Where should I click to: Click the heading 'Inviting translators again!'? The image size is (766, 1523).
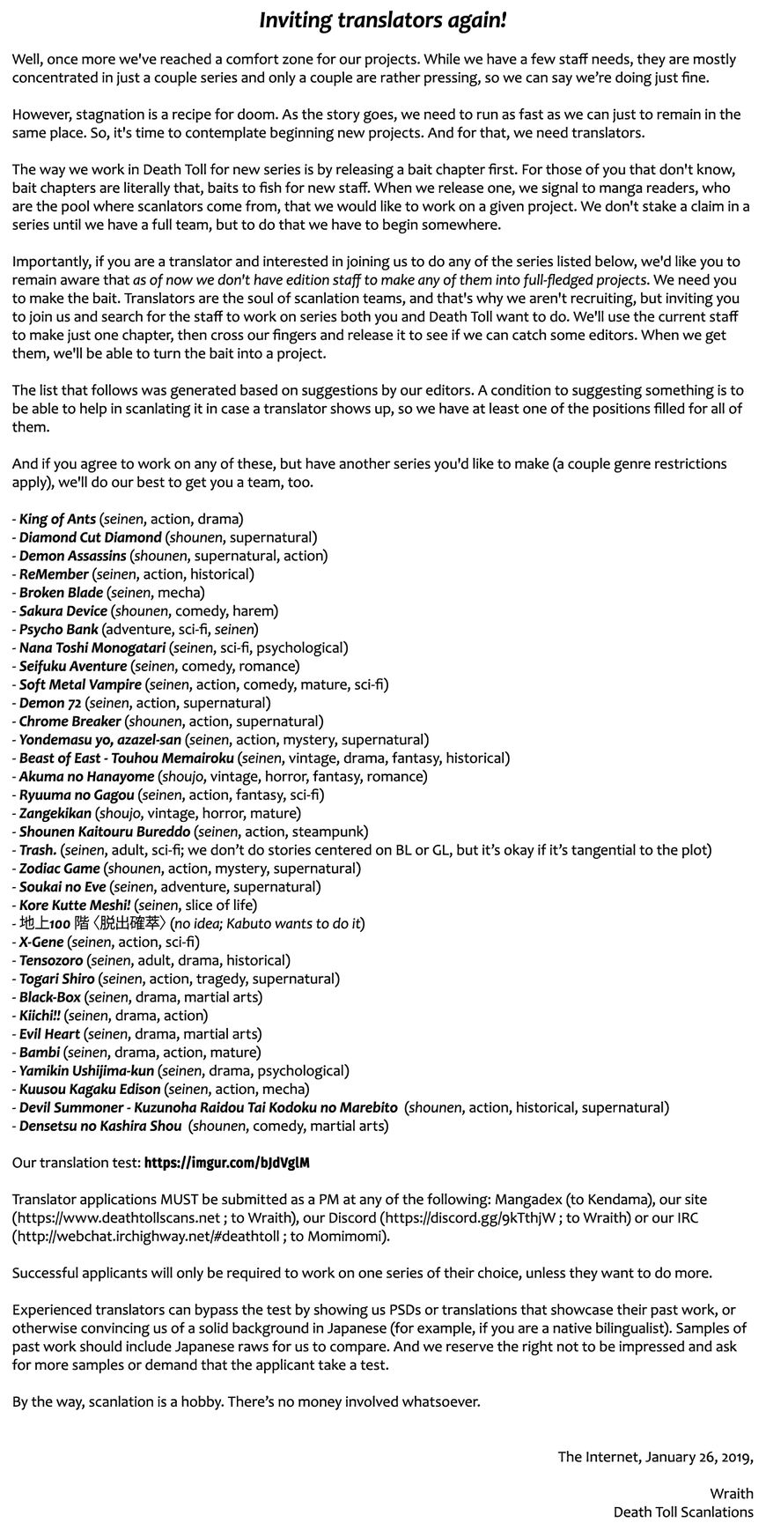pos(382,21)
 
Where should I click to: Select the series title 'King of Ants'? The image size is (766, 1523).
pos(57,519)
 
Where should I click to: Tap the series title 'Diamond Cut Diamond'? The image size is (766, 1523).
pos(90,537)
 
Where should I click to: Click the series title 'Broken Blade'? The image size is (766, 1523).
pos(61,593)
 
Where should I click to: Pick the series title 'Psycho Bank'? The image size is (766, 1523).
pos(58,630)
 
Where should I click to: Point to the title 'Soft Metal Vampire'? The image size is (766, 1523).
pos(80,684)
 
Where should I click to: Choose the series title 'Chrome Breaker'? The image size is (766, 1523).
pos(70,721)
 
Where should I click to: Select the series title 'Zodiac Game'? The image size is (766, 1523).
pos(59,869)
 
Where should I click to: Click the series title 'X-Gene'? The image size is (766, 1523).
pos(42,943)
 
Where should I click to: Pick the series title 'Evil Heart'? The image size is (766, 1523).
pos(49,1034)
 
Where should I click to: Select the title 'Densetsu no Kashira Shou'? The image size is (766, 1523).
pos(100,1127)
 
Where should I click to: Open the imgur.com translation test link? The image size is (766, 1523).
pos(226,1164)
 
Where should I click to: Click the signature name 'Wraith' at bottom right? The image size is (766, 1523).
pos(731,1493)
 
